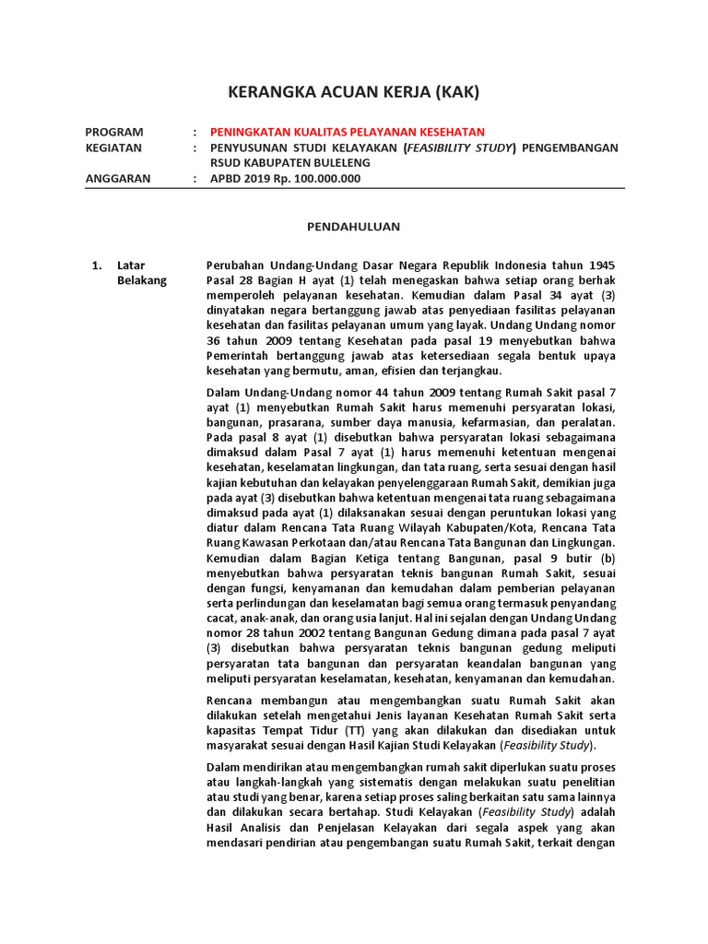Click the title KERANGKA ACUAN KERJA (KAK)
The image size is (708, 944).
point(354,92)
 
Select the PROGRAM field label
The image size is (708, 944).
point(114,132)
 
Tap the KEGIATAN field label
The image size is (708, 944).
point(113,147)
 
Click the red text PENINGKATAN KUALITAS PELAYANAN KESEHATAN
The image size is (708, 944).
point(348,132)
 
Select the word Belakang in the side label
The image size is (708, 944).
point(142,281)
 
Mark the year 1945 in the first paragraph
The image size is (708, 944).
point(602,265)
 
